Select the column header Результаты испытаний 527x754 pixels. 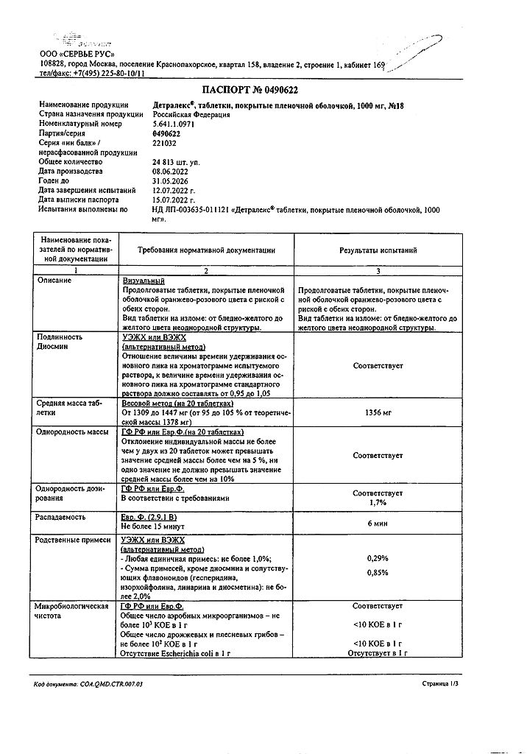click(378, 251)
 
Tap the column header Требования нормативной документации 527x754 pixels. click(206, 251)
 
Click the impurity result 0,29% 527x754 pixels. click(378, 559)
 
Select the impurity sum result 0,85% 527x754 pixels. click(378, 573)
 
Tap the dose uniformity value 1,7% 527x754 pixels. click(378, 503)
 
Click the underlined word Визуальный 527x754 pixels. click(143, 282)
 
